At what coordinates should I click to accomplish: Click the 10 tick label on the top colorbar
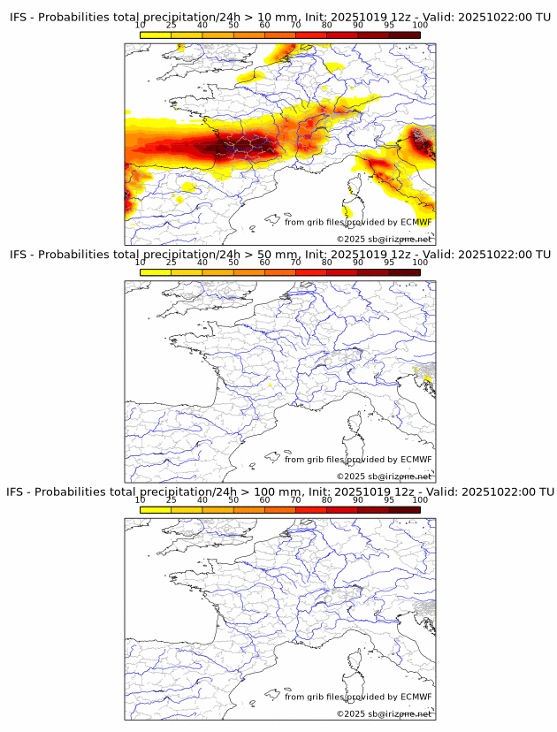coord(141,26)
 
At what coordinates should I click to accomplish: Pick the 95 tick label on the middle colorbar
coord(389,263)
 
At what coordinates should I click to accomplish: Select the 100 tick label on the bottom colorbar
coord(420,499)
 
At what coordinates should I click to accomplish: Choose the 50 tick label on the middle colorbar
coord(233,263)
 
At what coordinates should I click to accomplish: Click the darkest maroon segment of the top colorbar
coord(404,34)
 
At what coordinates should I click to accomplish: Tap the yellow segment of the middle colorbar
coord(156,271)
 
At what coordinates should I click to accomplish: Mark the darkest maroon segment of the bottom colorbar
coord(404,508)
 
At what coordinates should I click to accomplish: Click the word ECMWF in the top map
coord(416,222)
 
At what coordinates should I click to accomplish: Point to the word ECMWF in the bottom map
coord(416,697)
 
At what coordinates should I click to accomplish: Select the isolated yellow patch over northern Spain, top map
coord(187,187)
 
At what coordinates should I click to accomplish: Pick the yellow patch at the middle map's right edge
coord(427,379)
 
